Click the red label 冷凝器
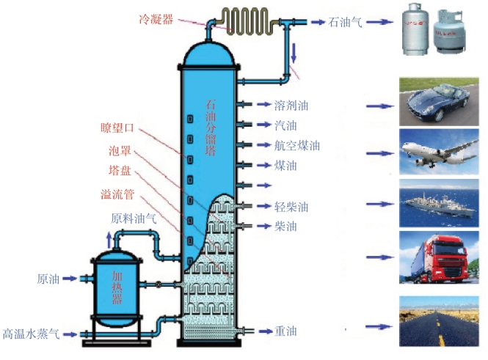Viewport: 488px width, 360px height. pyautogui.click(x=156, y=19)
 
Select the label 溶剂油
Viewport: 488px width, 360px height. pyautogui.click(x=291, y=106)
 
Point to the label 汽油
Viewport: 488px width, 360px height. pyautogui.click(x=285, y=125)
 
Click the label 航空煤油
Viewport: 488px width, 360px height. pyautogui.click(x=296, y=146)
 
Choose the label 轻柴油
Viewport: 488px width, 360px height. pyautogui.click(x=291, y=206)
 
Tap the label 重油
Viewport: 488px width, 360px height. pyautogui.click(x=285, y=331)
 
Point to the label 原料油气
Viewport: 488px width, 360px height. pyautogui.click(x=134, y=218)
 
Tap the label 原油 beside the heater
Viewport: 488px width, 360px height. pyautogui.click(x=48, y=279)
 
